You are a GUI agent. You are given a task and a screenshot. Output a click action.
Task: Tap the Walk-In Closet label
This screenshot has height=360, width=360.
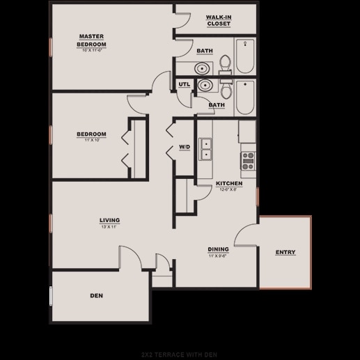(219, 20)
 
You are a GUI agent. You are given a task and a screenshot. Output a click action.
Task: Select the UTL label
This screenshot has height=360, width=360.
(184, 85)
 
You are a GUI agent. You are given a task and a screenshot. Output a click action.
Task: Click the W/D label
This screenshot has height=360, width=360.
(185, 147)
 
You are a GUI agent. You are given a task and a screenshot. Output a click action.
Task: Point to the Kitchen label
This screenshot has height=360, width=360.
(229, 183)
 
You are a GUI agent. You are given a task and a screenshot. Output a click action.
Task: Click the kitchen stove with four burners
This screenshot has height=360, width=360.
(247, 161)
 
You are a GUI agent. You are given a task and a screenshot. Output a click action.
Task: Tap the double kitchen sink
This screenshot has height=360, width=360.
(206, 149)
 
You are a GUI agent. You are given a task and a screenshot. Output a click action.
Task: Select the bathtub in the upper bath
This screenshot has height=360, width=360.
(246, 58)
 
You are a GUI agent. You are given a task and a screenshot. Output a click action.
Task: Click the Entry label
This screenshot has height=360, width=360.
(285, 251)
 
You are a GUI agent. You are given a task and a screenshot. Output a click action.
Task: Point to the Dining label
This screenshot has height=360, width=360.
(218, 249)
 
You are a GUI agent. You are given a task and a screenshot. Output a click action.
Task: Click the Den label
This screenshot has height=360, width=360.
(97, 296)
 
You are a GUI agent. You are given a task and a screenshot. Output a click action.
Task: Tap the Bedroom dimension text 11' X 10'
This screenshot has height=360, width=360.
(91, 140)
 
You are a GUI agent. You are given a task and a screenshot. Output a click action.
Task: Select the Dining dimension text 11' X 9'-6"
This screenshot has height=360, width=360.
(218, 256)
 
